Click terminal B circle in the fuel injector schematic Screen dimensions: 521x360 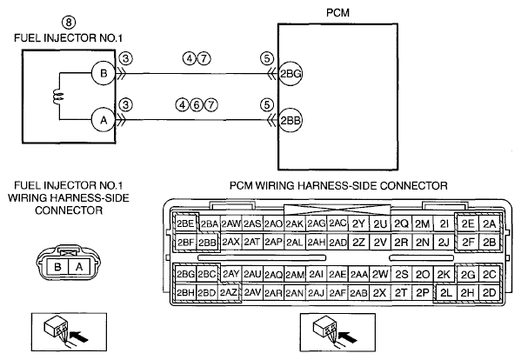104,73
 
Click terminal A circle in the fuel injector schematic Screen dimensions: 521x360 104,120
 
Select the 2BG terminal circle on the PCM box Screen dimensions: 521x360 291,73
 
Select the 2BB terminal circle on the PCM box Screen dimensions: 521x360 291,120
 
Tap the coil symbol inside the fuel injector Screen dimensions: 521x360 57,97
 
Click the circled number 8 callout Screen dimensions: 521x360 69,23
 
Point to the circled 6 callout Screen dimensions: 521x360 197,105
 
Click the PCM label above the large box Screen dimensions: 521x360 337,13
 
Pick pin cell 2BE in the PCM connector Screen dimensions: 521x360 185,223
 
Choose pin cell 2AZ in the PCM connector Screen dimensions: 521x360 229,292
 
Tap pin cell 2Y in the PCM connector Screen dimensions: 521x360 358,223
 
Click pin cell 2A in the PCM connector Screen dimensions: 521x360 489,223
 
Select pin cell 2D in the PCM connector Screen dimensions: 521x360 489,292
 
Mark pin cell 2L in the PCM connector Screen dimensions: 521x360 445,292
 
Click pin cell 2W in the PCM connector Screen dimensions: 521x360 380,274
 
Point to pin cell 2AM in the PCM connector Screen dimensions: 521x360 295,275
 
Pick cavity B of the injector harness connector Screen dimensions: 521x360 57,267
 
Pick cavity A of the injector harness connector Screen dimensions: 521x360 79,267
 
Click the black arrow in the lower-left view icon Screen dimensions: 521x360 80,336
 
